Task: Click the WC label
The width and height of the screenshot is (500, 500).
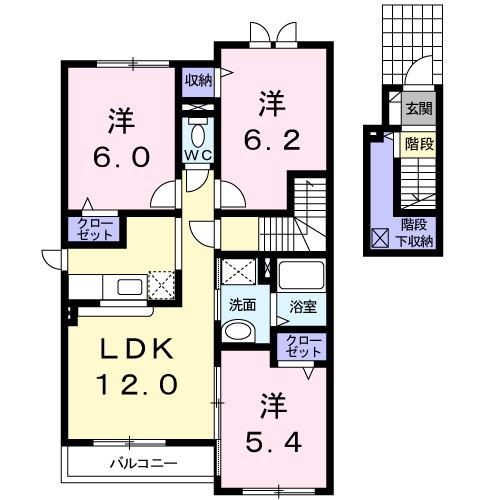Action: pyautogui.click(x=196, y=155)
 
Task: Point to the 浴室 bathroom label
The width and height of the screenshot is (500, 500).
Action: pyautogui.click(x=303, y=305)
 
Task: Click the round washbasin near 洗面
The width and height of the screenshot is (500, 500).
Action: pyautogui.click(x=240, y=331)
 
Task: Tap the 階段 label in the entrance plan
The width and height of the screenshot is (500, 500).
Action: pyautogui.click(x=418, y=143)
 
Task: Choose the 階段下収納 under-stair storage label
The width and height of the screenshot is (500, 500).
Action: pyautogui.click(x=417, y=232)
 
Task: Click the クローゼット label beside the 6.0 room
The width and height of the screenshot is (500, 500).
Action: pyautogui.click(x=92, y=229)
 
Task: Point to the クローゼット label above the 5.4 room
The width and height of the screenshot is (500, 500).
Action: pyautogui.click(x=299, y=348)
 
